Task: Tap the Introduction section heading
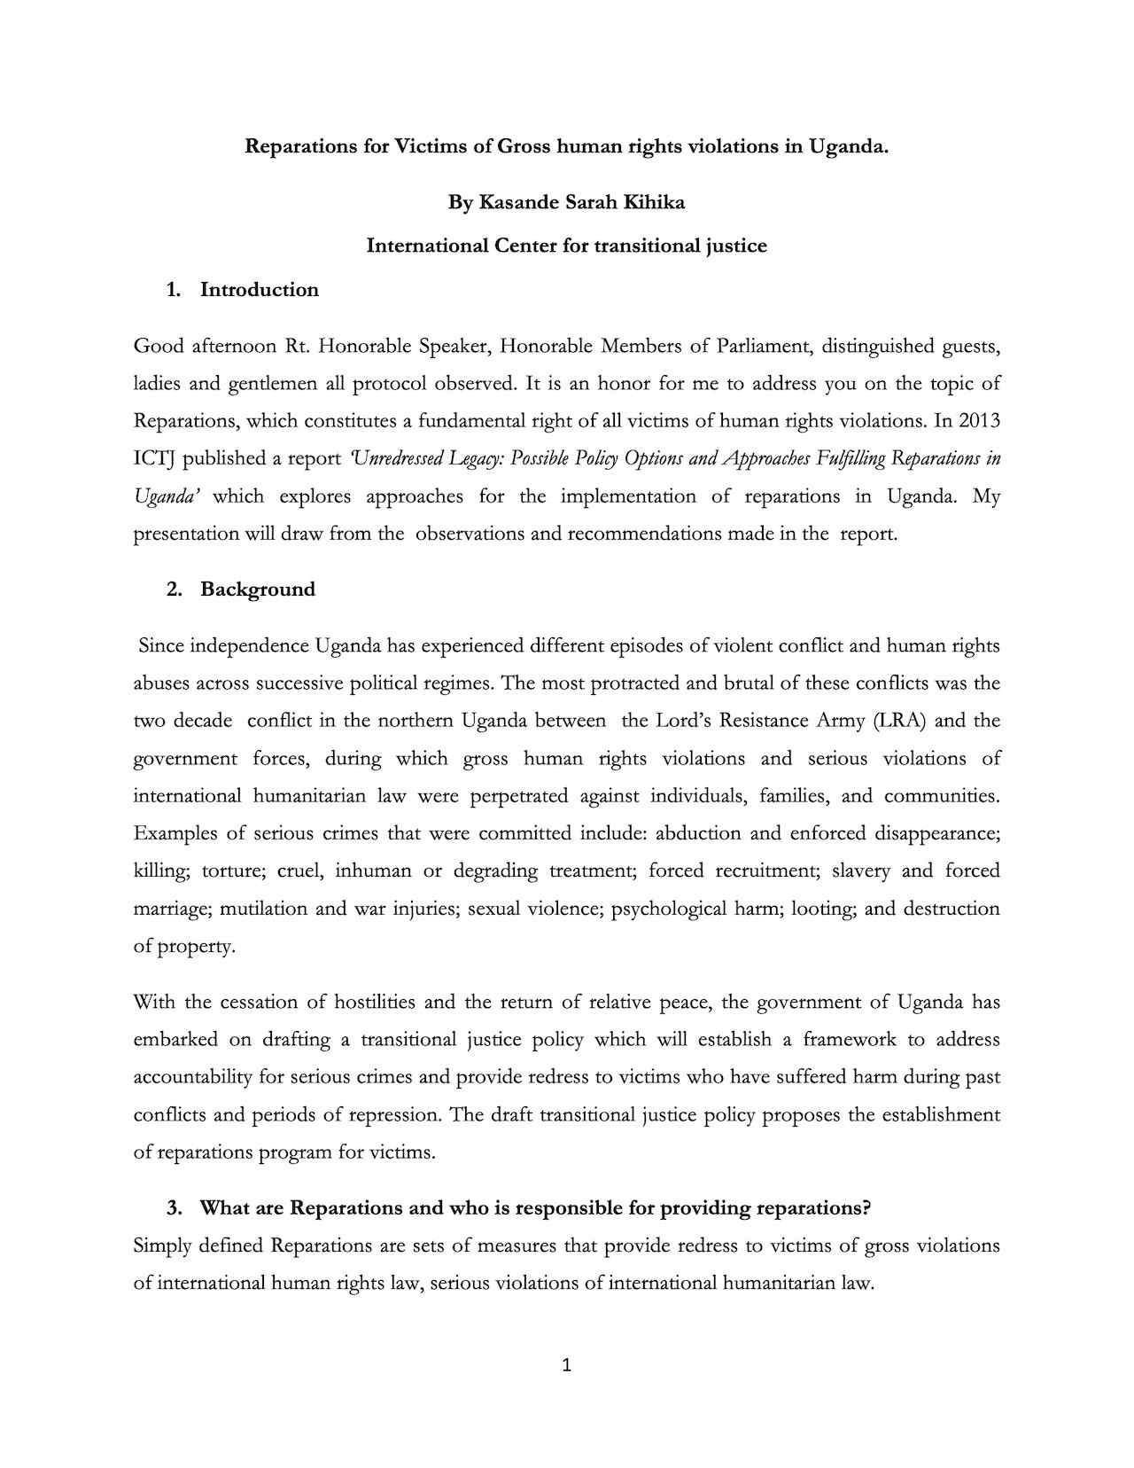pos(260,290)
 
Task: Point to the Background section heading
pos(258,590)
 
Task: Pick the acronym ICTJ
pos(155,458)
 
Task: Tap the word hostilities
pos(375,1003)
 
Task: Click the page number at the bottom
pos(567,1366)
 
